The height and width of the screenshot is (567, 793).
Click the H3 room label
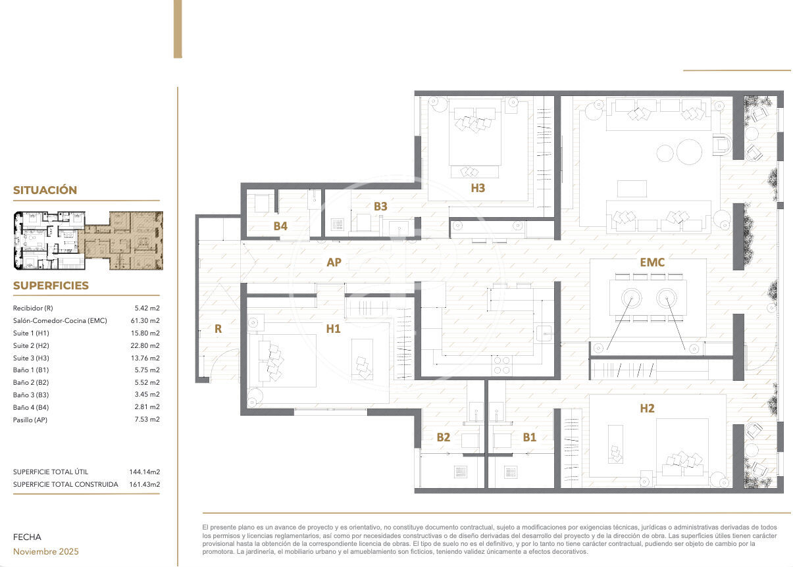coord(478,188)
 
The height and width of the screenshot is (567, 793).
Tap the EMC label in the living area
coord(652,262)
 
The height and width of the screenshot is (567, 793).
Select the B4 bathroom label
coord(280,226)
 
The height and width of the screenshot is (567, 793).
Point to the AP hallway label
coord(334,262)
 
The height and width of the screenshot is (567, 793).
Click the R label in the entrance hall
coord(218,329)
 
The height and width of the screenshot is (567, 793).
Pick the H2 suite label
coord(647,408)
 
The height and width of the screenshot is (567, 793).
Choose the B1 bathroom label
coord(530,437)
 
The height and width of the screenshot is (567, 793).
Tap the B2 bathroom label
coord(444,437)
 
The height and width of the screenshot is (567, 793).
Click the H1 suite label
coord(333,329)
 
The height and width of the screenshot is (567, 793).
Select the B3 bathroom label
coord(380,207)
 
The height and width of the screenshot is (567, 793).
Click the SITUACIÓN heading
coord(45,190)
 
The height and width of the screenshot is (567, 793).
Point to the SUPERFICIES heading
coord(51,285)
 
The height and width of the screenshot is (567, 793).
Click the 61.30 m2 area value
coord(145,320)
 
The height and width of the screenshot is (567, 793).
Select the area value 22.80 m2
coord(145,345)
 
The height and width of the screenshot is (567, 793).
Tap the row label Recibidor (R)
coord(33,308)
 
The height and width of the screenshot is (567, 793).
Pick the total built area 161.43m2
coord(144,484)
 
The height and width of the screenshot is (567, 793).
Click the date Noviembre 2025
coord(45,551)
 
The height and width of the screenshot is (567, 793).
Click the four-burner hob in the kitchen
coord(501,366)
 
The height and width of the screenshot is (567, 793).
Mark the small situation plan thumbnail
coord(88,241)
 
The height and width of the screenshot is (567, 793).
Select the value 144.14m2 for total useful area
coord(144,472)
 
